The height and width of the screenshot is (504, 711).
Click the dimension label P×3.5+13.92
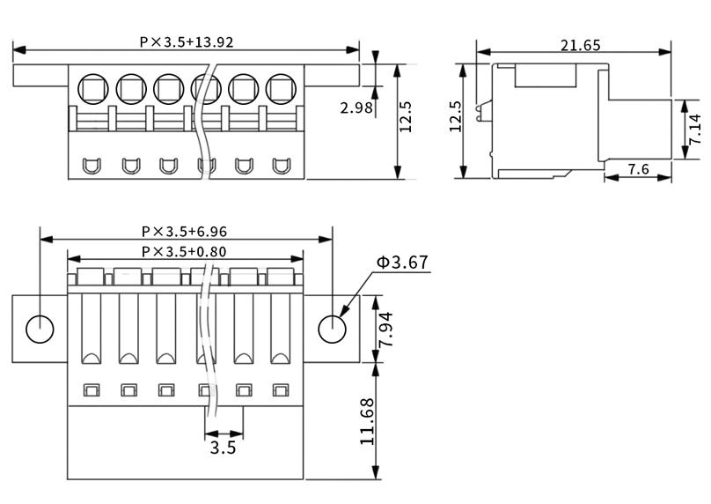click(x=187, y=42)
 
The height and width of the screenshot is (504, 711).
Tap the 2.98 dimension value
click(x=356, y=107)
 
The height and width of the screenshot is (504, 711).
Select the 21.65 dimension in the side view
click(x=581, y=46)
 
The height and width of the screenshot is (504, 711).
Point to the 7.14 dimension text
click(x=694, y=130)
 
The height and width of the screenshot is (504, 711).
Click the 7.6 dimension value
click(x=639, y=169)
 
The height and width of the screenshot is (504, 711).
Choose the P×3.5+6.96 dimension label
click(x=185, y=232)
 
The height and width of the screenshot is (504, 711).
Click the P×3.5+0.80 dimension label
click(x=184, y=251)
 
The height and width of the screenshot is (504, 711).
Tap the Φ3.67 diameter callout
click(x=402, y=263)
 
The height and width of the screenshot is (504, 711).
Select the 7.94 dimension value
click(x=386, y=330)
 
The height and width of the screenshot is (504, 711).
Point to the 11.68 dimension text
click(x=367, y=421)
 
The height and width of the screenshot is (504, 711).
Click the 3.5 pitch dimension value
click(x=224, y=448)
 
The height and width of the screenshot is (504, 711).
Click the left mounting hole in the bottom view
click(x=40, y=330)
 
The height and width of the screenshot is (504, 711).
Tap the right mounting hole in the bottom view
click(x=333, y=330)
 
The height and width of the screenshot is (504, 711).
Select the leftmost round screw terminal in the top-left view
click(x=93, y=89)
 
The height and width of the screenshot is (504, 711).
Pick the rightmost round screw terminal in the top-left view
click(x=281, y=89)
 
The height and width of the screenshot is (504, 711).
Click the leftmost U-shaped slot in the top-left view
click(x=92, y=166)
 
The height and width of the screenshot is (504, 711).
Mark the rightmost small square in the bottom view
click(x=281, y=390)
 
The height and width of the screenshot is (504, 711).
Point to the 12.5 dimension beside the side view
click(x=456, y=116)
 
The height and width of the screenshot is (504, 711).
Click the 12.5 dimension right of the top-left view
click(x=406, y=116)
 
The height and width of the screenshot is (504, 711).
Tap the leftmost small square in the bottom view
click(x=92, y=390)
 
